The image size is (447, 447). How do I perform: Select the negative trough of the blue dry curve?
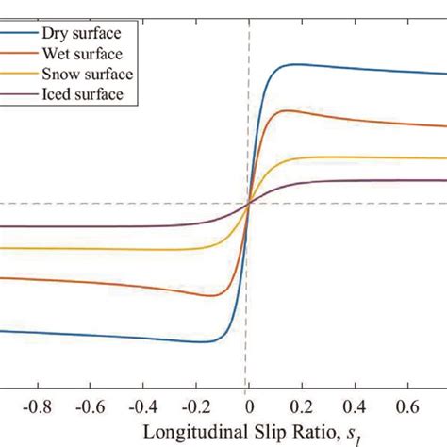pos(200,341)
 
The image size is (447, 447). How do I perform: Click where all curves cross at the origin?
pos(247,203)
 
